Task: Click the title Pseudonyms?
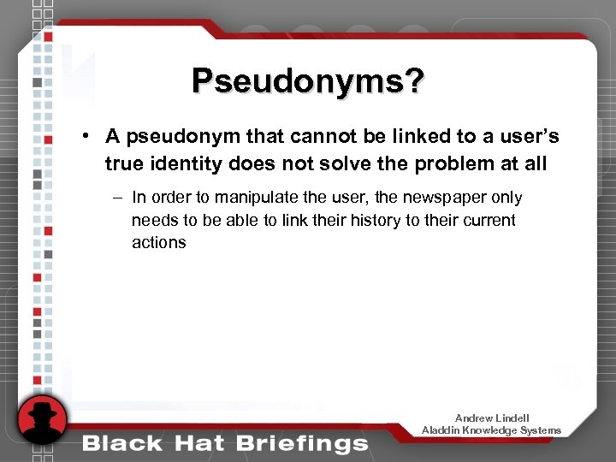point(307,82)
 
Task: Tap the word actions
point(158,242)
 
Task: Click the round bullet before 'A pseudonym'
point(87,137)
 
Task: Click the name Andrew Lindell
point(492,418)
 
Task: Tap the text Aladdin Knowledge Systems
point(491,430)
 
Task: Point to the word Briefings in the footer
point(305,443)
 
